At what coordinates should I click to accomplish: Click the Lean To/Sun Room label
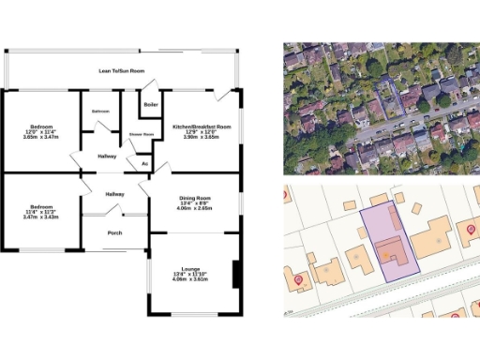tap(122, 70)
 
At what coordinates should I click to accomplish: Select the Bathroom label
tap(101, 112)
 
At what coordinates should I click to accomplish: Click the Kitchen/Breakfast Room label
tap(202, 126)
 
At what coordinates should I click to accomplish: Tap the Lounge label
tap(192, 269)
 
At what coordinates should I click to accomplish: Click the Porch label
tap(115, 232)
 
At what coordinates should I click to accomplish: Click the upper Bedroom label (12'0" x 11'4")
tap(41, 126)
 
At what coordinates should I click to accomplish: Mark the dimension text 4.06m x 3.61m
tap(192, 279)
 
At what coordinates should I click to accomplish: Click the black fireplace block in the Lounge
tap(235, 276)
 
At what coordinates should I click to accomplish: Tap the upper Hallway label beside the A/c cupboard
tap(107, 157)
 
